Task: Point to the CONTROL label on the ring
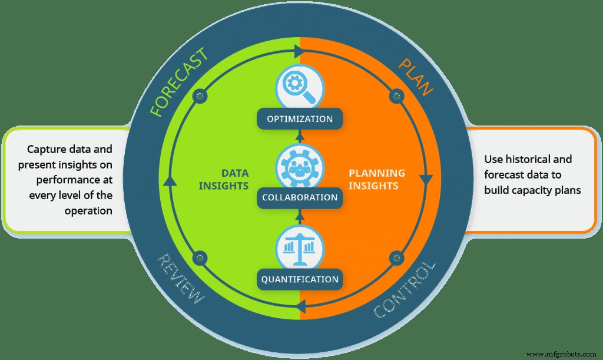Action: pyautogui.click(x=406, y=289)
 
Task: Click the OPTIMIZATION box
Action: pyautogui.click(x=300, y=119)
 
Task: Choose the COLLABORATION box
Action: pyautogui.click(x=300, y=197)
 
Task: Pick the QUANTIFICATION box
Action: pyautogui.click(x=300, y=279)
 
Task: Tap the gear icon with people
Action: pyautogui.click(x=300, y=167)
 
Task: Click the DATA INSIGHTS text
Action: pyautogui.click(x=230, y=179)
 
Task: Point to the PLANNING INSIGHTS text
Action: pyautogui.click(x=377, y=179)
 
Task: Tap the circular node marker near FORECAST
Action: pyautogui.click(x=200, y=95)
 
